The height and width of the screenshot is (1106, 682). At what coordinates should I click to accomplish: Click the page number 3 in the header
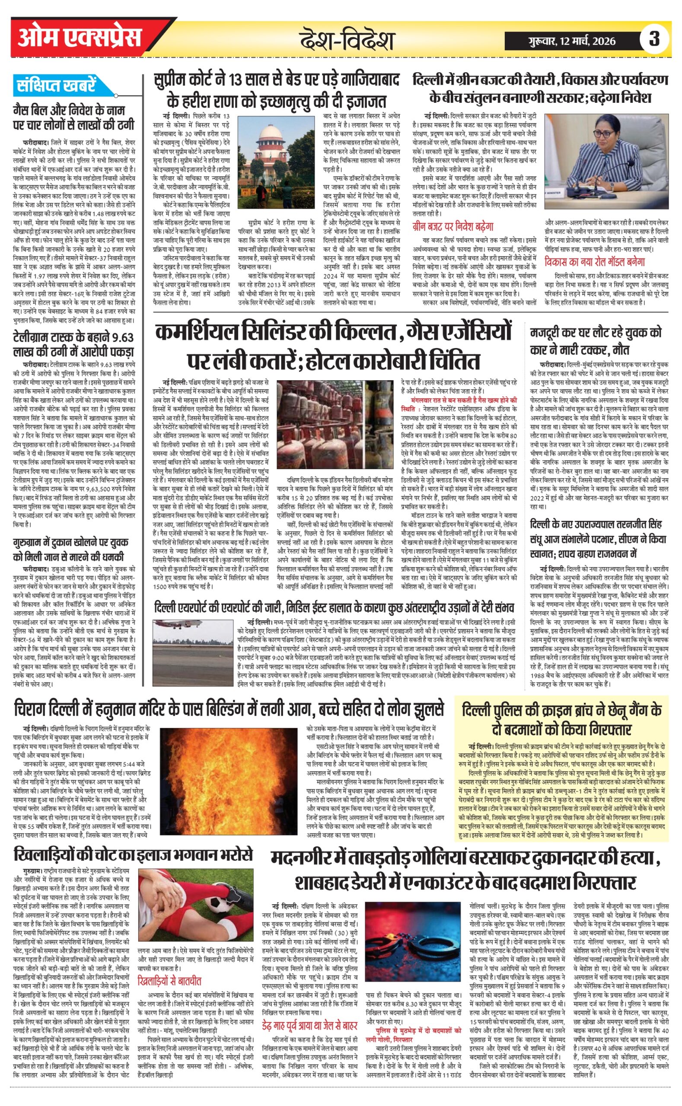pyautogui.click(x=653, y=39)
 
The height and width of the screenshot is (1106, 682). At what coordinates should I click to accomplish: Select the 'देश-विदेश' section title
pyautogui.click(x=347, y=41)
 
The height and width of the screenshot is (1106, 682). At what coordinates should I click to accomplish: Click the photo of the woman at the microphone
pyautogui.click(x=606, y=161)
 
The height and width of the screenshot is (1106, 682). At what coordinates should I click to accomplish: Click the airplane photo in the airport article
pyautogui.click(x=193, y=645)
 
